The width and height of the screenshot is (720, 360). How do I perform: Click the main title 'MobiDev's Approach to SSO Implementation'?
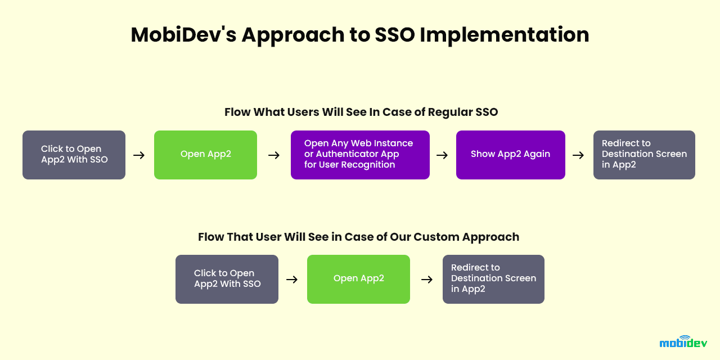(360, 35)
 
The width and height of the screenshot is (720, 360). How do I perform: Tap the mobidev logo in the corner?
(683, 341)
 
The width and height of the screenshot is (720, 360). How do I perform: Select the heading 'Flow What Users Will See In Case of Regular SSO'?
(361, 112)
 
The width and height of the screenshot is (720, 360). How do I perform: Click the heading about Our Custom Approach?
(358, 237)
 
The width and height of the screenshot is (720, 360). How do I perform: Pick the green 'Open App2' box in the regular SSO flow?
(205, 155)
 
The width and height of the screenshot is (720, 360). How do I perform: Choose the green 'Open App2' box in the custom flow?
(358, 279)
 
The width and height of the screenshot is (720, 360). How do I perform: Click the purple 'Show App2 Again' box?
(510, 155)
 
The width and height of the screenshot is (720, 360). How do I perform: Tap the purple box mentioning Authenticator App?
(360, 155)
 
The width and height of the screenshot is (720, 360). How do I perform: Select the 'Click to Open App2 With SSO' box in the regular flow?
(74, 155)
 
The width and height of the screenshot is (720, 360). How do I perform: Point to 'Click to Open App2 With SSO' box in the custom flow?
(227, 279)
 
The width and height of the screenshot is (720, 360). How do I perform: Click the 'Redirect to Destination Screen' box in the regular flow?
(644, 155)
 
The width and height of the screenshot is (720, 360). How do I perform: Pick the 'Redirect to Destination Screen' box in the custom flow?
(493, 279)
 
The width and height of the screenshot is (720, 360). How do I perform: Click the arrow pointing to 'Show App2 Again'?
(442, 155)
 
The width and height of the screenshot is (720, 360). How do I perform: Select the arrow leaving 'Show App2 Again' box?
(578, 155)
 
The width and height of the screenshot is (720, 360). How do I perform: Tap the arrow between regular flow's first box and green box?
(139, 155)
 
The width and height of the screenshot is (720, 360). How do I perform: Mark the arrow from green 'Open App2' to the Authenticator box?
(274, 155)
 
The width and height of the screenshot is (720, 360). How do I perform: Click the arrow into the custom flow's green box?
(292, 280)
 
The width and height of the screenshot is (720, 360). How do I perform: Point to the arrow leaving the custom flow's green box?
(427, 280)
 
